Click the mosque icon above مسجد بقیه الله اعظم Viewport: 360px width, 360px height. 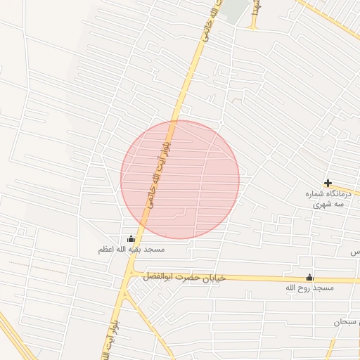pos(131,238)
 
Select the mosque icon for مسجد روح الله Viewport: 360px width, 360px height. pos(309,277)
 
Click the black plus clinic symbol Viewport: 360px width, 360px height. pos(328,183)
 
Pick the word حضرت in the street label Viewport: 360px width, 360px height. pos(185,278)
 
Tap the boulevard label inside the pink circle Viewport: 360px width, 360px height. pos(160,169)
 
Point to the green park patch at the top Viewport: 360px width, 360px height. pos(238,8)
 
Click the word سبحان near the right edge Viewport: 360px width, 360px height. pos(347,322)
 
